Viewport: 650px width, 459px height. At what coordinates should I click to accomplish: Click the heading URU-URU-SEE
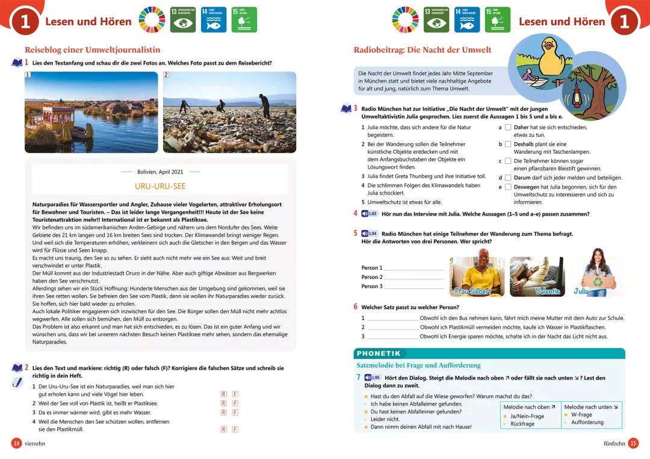(x=160, y=187)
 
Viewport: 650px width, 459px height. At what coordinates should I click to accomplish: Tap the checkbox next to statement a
(x=508, y=128)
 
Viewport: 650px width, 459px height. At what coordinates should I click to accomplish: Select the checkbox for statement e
(x=508, y=187)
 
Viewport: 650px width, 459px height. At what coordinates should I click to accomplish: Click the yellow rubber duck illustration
(x=548, y=57)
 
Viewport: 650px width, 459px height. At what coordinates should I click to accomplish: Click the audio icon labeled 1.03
(x=370, y=214)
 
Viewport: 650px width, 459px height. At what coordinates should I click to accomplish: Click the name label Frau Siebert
(x=473, y=292)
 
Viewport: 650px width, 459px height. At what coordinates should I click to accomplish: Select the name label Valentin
(x=547, y=292)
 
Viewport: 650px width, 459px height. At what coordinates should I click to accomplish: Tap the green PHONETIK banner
(x=379, y=354)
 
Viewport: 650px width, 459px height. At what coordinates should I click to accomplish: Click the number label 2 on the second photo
(x=166, y=75)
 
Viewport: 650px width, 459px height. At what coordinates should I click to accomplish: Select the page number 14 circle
(x=17, y=443)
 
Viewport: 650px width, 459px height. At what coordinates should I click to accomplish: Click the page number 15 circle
(x=633, y=443)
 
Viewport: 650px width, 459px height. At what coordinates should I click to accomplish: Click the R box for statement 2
(x=223, y=403)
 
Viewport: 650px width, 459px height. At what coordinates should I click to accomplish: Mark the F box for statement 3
(x=235, y=413)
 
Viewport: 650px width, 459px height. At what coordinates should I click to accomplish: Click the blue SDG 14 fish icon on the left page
(x=214, y=20)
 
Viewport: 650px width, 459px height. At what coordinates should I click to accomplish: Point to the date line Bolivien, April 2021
(x=160, y=172)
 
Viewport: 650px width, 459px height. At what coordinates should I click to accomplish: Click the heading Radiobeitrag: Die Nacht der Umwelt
(x=422, y=50)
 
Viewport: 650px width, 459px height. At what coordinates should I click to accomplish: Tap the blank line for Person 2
(x=413, y=277)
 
